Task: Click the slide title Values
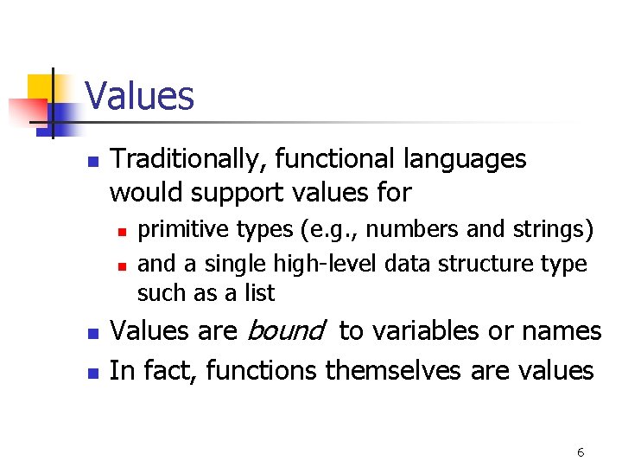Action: [x=140, y=96]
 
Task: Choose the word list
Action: [x=257, y=293]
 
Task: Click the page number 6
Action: [x=581, y=452]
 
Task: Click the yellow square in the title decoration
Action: [x=41, y=89]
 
